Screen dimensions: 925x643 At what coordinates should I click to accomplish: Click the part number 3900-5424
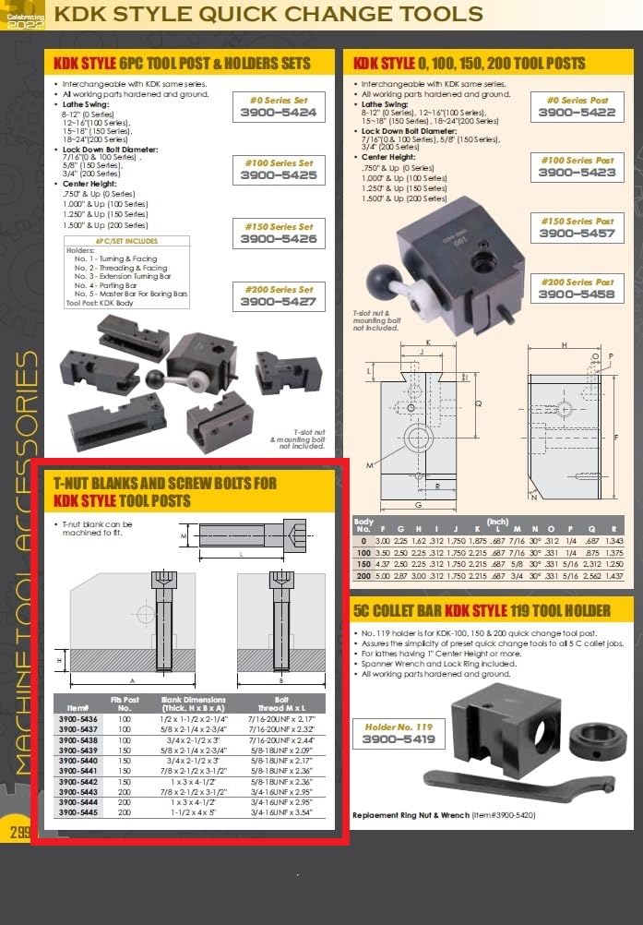(278, 113)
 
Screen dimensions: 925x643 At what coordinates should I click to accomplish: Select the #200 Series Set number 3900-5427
(278, 301)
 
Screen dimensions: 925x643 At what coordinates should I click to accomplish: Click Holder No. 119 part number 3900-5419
(399, 740)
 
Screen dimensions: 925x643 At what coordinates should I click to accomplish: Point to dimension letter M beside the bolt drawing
(185, 535)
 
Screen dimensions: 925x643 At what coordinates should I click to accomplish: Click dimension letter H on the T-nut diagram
(60, 660)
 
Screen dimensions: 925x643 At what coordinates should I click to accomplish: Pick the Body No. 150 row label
(363, 562)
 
